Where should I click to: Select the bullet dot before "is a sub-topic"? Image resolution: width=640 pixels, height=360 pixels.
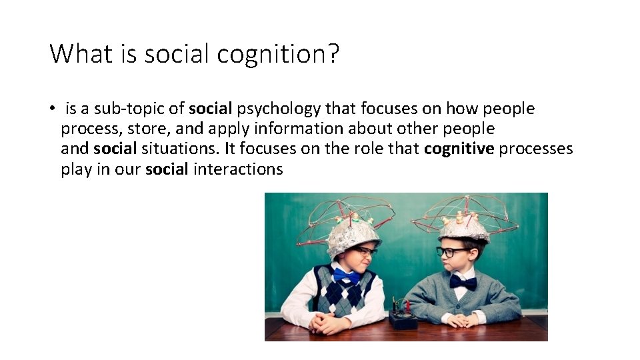(x=51, y=109)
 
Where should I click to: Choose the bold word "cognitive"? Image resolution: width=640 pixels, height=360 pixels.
(x=459, y=149)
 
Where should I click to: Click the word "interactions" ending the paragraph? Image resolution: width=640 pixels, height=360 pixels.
(x=238, y=169)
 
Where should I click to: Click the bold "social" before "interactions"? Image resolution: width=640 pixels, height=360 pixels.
(x=167, y=169)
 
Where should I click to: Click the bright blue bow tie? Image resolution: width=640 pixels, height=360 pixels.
(x=347, y=275)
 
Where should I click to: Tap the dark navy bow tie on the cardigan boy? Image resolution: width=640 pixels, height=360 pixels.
(x=463, y=282)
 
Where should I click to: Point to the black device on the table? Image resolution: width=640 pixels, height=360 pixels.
(x=404, y=319)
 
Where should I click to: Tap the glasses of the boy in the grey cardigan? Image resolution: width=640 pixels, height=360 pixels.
(x=452, y=252)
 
